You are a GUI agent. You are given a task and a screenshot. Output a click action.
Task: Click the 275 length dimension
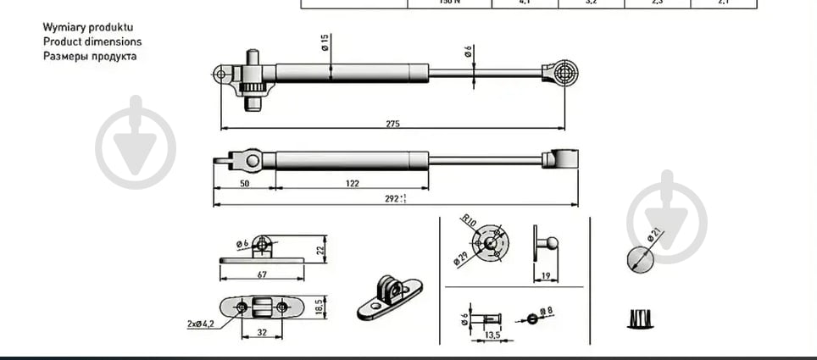[392, 124]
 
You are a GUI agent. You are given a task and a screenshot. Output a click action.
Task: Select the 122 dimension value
[353, 183]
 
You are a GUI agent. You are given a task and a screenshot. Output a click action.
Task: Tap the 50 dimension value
[245, 183]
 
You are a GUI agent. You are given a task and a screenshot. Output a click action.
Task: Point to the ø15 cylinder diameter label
[325, 43]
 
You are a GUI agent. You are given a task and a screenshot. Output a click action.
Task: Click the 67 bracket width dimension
[262, 274]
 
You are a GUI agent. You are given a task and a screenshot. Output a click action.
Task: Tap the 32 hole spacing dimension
[262, 333]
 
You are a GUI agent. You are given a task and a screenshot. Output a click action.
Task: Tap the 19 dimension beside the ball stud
[546, 275]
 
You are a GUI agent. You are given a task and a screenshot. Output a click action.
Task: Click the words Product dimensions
[92, 42]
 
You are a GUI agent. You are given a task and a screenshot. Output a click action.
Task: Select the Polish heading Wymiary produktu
[88, 27]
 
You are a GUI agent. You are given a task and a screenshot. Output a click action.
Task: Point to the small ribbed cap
[642, 320]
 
